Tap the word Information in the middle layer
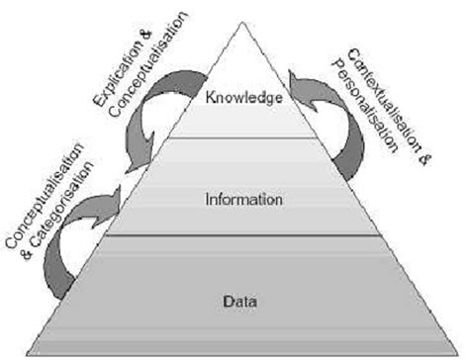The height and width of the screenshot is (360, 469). click(244, 199)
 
